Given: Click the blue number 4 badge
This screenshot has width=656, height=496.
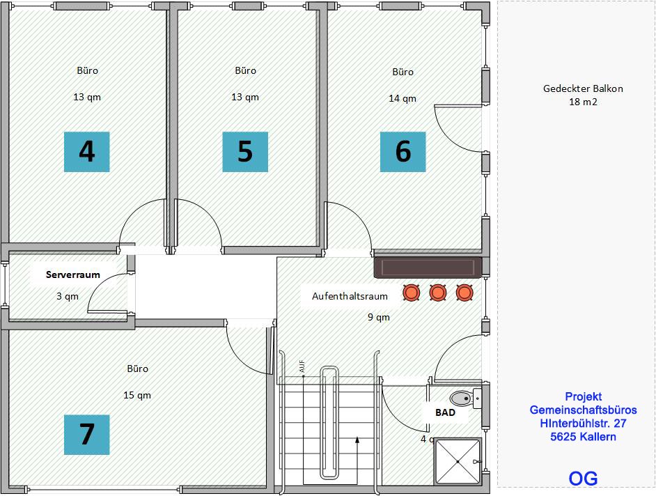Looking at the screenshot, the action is coord(86,152).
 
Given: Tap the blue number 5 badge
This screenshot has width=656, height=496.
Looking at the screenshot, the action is coord(245,152).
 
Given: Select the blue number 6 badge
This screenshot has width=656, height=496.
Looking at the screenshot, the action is coord(403,152).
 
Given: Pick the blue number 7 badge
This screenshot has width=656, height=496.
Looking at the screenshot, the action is coord(86,435).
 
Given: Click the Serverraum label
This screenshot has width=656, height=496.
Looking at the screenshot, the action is coord(73,274).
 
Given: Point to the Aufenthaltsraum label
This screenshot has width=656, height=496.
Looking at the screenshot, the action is coord(350,296).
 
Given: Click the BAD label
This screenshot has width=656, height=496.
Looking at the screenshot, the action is coord(445,412).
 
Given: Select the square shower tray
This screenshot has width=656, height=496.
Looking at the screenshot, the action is coord(458,462).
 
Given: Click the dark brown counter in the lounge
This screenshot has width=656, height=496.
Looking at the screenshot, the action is coord(428,268).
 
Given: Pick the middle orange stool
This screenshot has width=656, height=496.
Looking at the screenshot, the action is coord(438,293).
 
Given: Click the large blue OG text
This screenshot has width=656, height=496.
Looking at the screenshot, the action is coord(583,479).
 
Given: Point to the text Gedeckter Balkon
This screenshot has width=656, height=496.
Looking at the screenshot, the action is coord(583,88).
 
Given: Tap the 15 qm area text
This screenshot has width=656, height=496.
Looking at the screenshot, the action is coord(137,395).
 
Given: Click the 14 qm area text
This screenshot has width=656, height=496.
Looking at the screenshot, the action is coord(403,98).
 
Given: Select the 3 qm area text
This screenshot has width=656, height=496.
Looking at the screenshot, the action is coord(68,296).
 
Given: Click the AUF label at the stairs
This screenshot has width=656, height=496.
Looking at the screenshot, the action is coord(302,366).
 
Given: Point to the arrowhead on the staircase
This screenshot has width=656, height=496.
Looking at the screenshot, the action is coord(357,440).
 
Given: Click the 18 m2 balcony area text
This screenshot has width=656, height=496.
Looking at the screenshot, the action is coord(583,102).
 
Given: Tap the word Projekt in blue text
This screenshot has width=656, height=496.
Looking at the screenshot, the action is coord(583,397).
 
